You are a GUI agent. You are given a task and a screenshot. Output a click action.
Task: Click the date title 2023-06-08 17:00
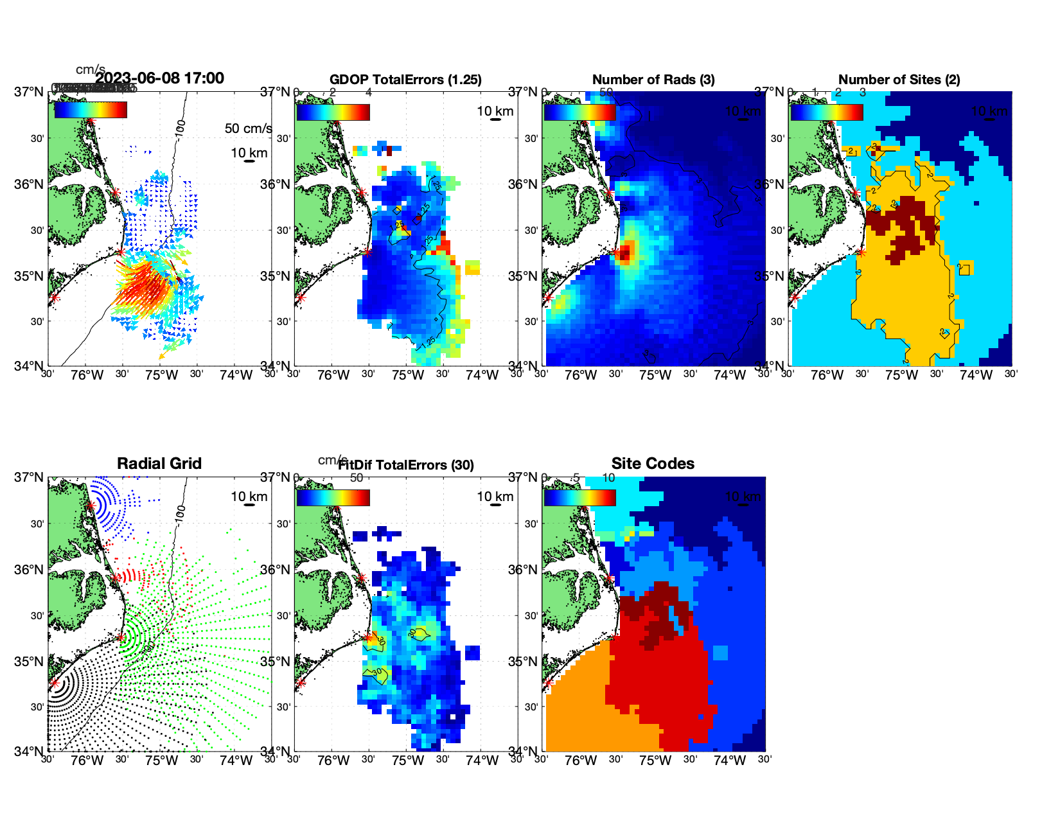(x=160, y=78)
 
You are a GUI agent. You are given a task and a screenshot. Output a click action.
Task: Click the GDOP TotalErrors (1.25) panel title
(x=405, y=80)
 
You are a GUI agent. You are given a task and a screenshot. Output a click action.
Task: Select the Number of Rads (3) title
(x=653, y=80)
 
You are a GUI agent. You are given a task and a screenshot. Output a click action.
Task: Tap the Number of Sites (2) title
(x=899, y=80)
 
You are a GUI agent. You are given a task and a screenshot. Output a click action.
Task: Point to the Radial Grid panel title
(x=159, y=464)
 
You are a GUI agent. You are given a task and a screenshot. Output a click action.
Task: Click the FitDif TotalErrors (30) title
(x=406, y=465)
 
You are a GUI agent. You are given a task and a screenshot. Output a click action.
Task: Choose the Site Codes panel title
(x=653, y=464)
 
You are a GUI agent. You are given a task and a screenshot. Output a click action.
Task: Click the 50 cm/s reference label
(x=248, y=128)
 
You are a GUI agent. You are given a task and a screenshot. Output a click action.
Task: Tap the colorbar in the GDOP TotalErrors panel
(x=333, y=112)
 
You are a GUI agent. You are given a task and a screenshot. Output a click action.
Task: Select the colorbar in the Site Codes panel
(x=579, y=498)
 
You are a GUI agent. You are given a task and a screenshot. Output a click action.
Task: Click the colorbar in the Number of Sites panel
(x=826, y=112)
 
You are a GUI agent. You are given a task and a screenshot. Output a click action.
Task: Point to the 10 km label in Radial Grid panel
(x=249, y=497)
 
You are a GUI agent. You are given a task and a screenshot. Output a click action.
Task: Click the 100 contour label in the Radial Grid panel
(x=181, y=512)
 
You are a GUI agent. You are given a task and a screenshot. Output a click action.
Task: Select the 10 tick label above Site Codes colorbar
(x=608, y=478)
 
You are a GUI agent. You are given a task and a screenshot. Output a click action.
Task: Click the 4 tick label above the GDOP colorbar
(x=368, y=92)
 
